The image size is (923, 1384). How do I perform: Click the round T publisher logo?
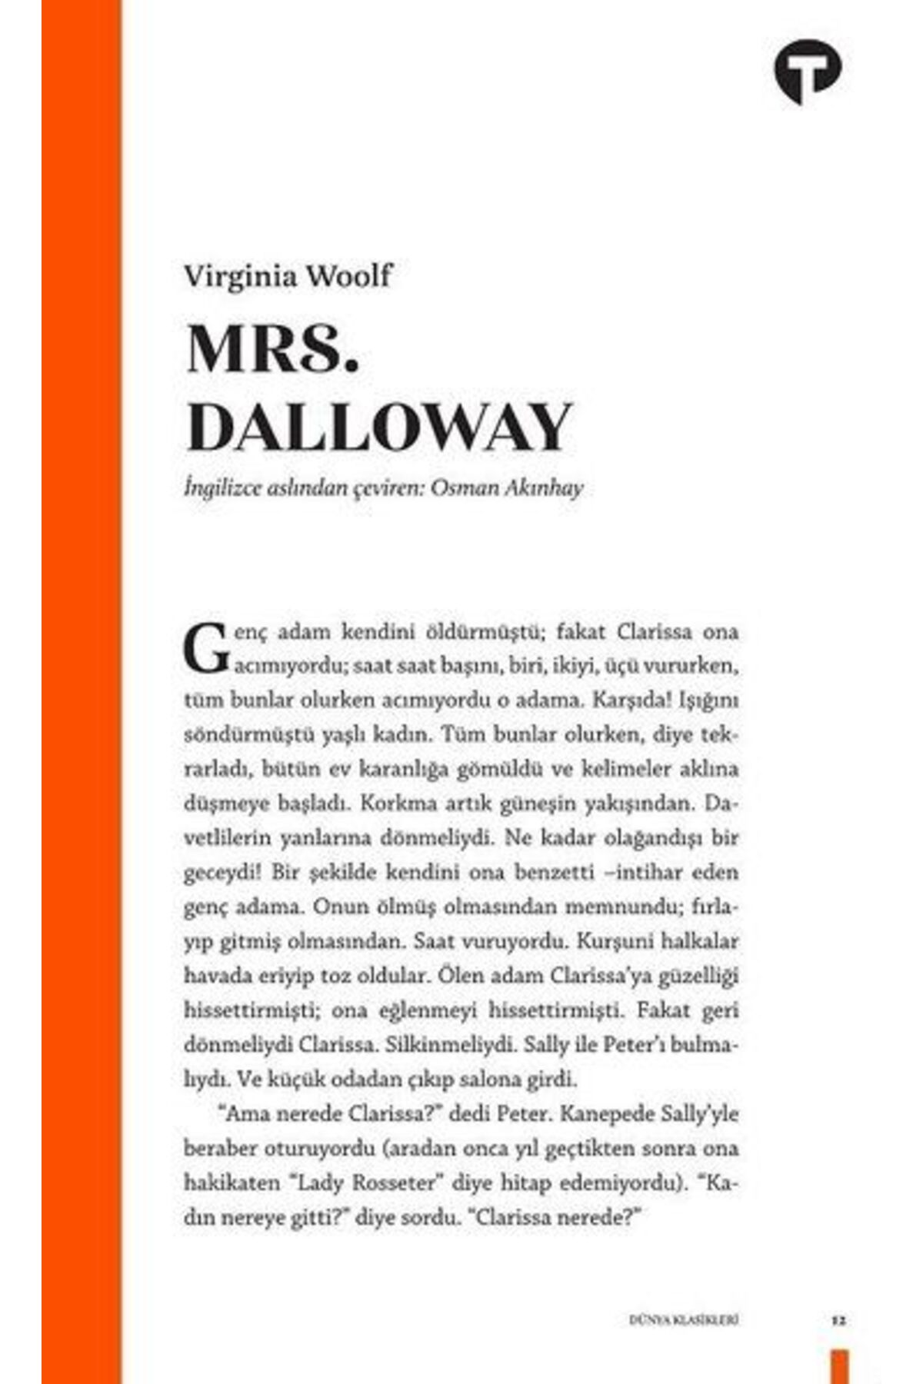click(x=807, y=72)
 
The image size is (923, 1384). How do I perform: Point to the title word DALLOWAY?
click(x=378, y=427)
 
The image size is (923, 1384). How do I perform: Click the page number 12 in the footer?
click(x=838, y=1322)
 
